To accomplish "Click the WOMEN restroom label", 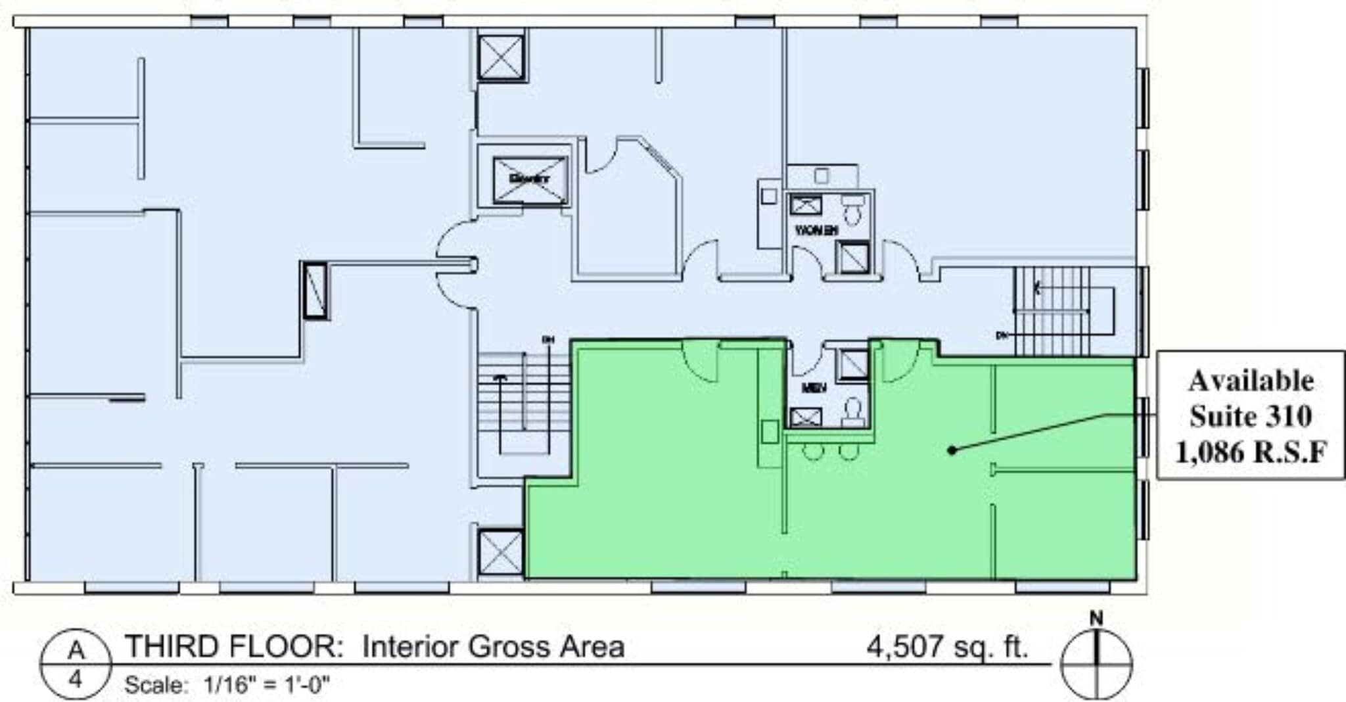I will [x=816, y=231].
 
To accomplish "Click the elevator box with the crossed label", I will [x=530, y=179].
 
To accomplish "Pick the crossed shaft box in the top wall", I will [x=501, y=57].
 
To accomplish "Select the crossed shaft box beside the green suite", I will [x=501, y=553].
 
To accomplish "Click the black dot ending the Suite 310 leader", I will [x=952, y=450].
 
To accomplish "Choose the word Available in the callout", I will [x=1251, y=381].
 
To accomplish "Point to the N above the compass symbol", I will [x=1096, y=619].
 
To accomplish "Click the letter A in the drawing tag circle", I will [x=76, y=650].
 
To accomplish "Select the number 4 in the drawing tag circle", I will [x=76, y=679].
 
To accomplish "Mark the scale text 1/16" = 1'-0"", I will [x=266, y=686].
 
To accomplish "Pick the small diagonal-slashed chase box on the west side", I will [x=315, y=291].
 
